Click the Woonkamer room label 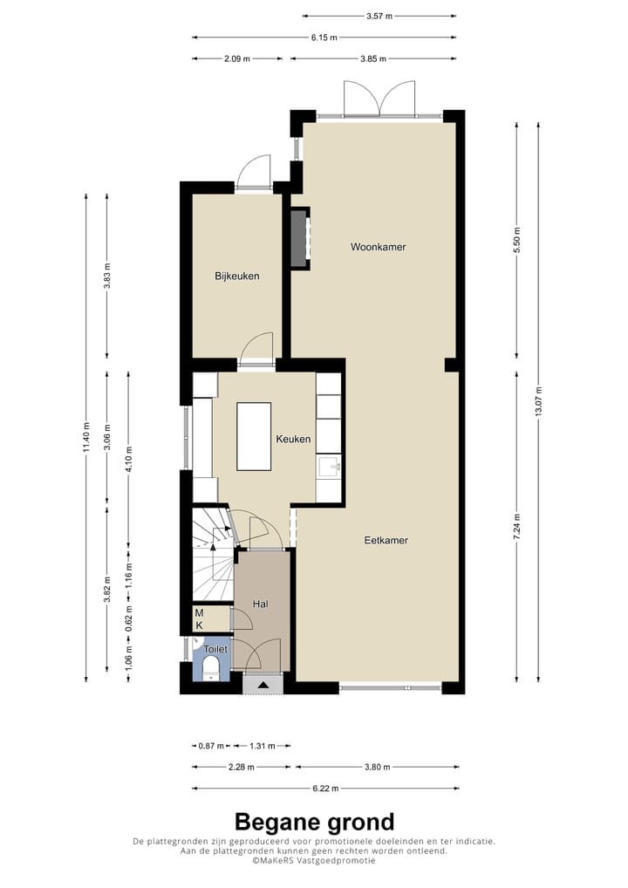[379, 247]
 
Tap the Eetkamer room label [386, 540]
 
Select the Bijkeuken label [237, 277]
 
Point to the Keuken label [293, 440]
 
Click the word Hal [260, 604]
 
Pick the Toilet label [215, 650]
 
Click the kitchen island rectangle [254, 436]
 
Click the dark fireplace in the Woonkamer [300, 238]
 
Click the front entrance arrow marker [263, 684]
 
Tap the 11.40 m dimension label [85, 436]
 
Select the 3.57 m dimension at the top [379, 16]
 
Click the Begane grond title [314, 822]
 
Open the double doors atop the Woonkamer [379, 99]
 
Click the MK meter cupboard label [199, 619]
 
